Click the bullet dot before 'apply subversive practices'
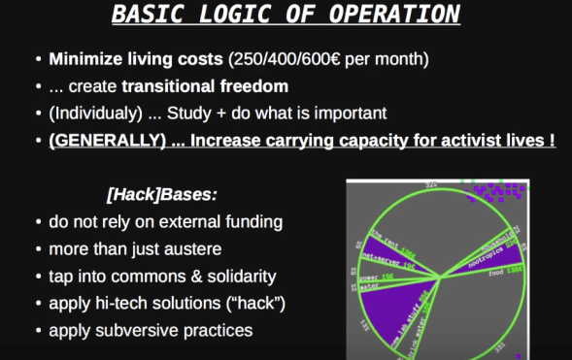(37, 330)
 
